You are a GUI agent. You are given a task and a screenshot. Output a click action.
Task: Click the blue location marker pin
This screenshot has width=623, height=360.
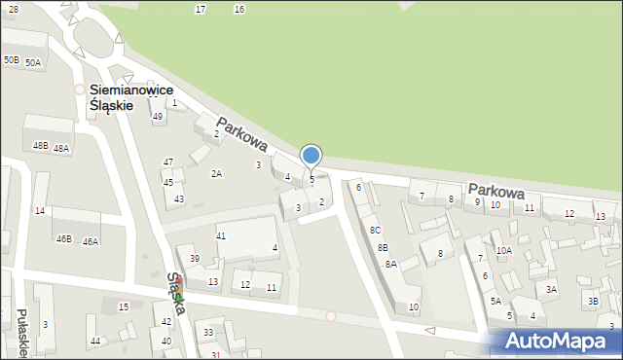311,156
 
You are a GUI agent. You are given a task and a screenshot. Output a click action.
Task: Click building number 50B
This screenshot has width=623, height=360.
11,60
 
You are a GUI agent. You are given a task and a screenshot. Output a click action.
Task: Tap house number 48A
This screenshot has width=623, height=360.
61,149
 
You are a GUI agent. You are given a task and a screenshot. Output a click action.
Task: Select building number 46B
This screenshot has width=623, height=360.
63,238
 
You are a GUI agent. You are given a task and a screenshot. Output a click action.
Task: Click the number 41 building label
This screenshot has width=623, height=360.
221,236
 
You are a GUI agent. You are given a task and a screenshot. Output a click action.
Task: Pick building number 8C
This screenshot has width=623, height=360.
375,231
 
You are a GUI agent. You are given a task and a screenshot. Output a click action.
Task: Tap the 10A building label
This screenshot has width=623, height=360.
503,250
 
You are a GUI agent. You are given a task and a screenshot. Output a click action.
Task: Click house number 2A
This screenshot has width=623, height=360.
217,173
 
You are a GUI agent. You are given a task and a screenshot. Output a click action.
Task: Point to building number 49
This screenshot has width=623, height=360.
158,117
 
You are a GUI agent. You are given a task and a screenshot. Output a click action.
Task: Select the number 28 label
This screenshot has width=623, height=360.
13,9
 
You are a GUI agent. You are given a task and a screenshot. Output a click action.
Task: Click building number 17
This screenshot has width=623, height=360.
201,9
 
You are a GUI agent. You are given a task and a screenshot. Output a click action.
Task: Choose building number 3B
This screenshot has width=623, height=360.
593,302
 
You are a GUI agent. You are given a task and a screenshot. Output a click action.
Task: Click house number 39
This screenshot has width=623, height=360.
195,259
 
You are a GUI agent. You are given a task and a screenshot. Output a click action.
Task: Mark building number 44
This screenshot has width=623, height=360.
94,341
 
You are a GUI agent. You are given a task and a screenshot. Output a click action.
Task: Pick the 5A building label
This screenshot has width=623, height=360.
495,301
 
